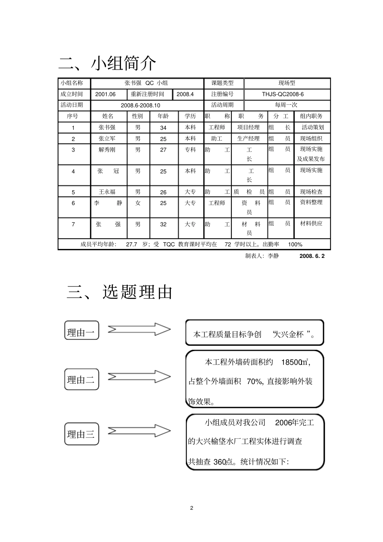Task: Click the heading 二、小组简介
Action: [x=107, y=63]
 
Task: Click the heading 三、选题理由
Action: [x=119, y=292]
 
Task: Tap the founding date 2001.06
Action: [x=105, y=94]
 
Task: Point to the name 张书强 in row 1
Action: [x=107, y=127]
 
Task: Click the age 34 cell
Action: [x=163, y=128]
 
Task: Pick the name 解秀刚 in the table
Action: [x=107, y=150]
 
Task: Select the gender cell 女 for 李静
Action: [x=138, y=203]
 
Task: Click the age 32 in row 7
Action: [x=163, y=224]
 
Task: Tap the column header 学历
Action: [x=190, y=116]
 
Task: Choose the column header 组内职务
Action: [x=311, y=116]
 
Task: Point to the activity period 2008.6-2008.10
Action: [x=140, y=105]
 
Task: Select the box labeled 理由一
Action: [x=81, y=332]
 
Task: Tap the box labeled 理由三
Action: [x=81, y=434]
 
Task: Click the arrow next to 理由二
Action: [x=139, y=377]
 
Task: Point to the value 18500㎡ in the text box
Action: [x=296, y=362]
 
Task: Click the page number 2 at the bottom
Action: [x=191, y=508]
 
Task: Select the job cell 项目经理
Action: [x=248, y=127]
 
